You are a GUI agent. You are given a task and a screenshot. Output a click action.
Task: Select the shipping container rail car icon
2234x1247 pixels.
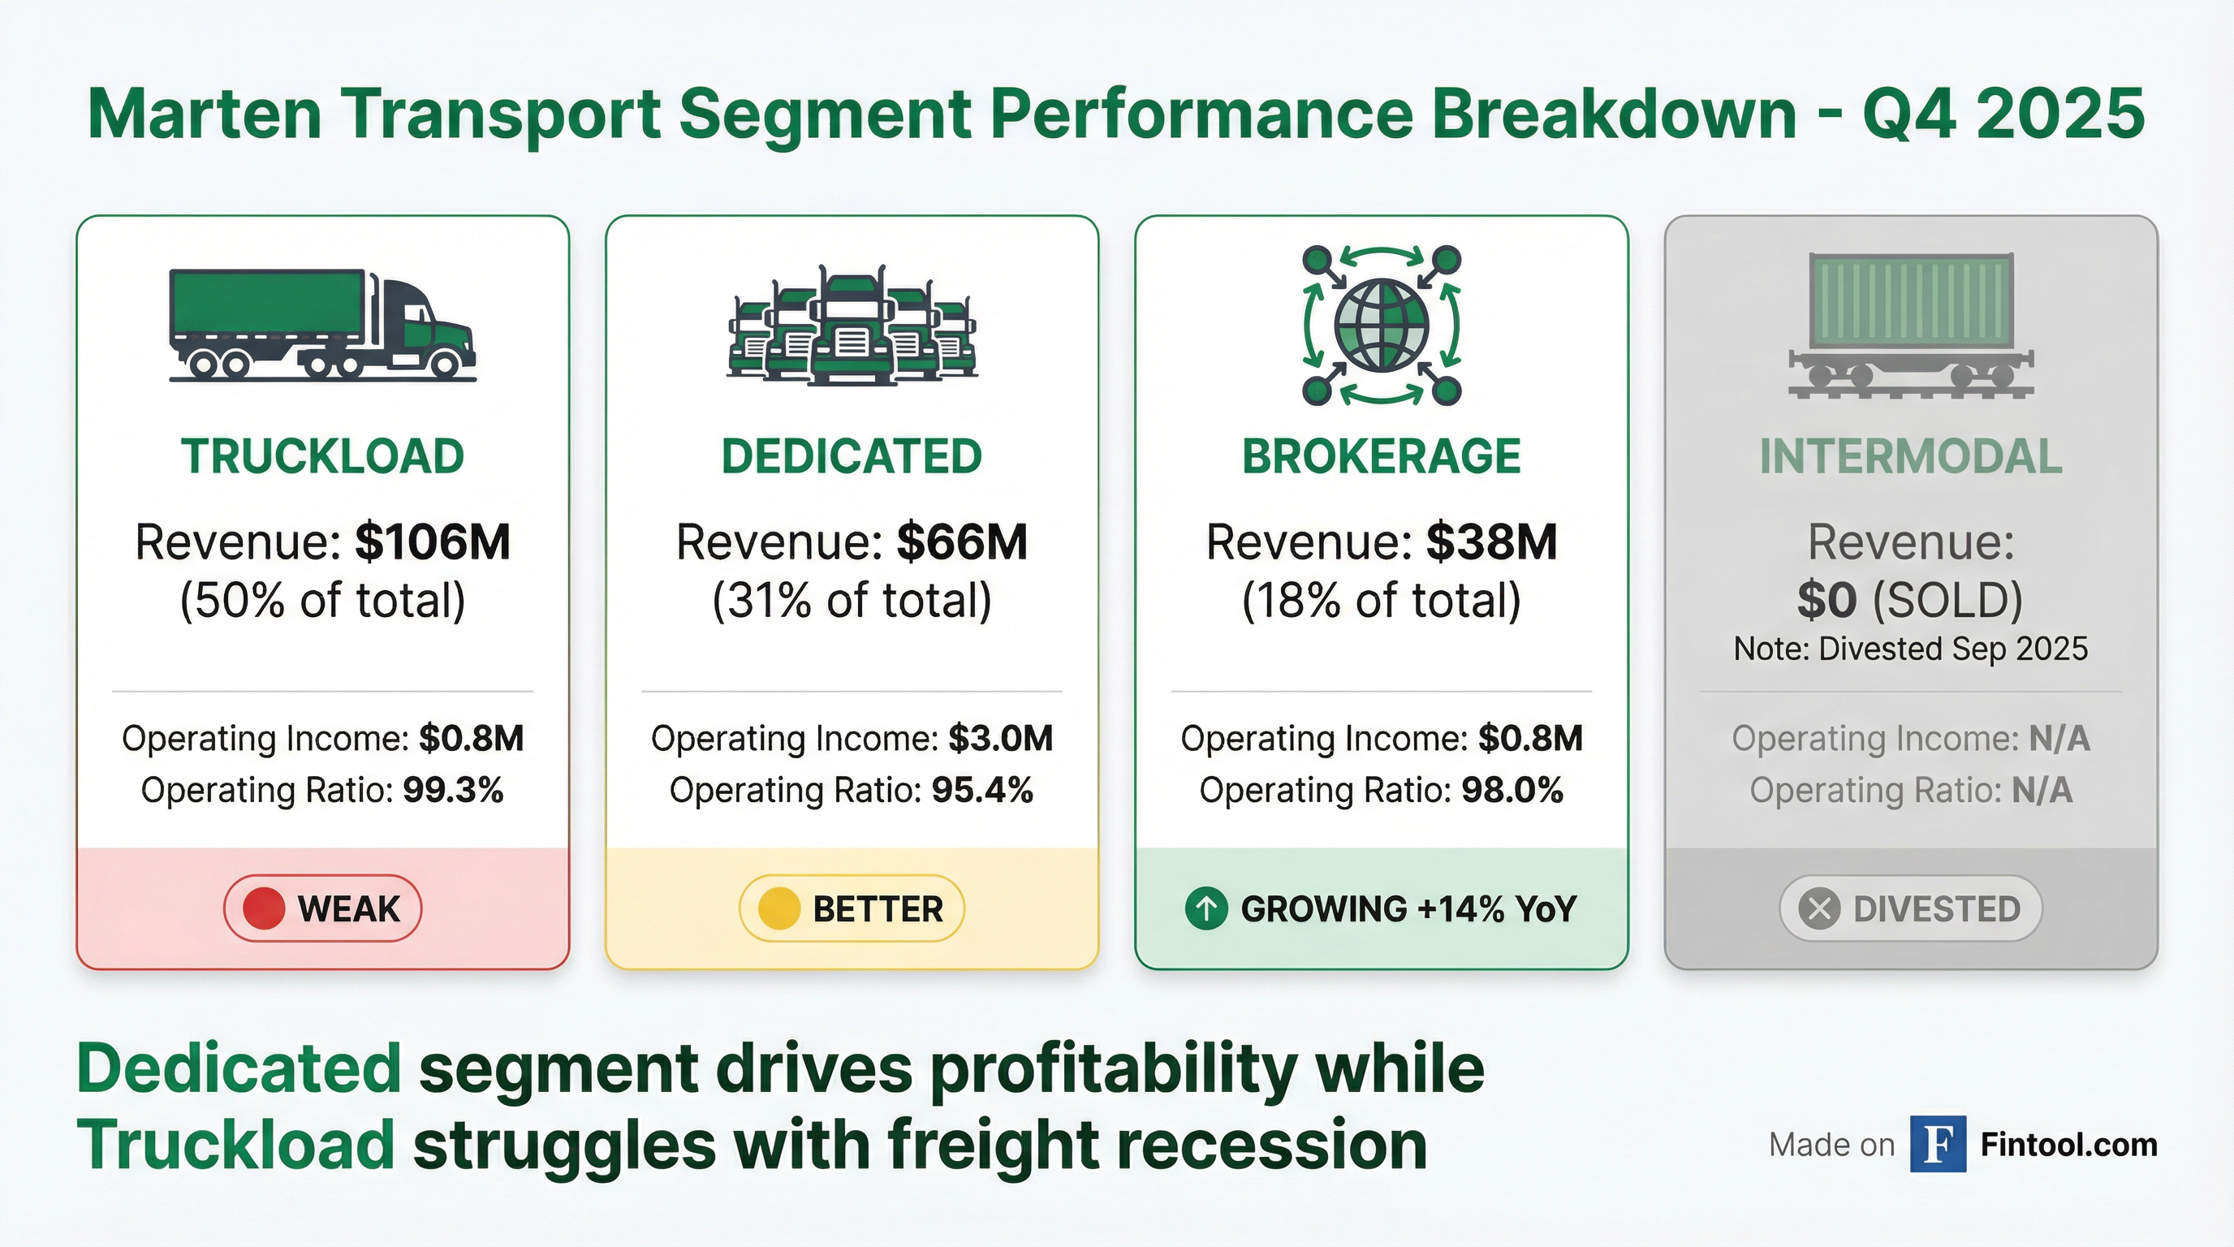tap(1911, 326)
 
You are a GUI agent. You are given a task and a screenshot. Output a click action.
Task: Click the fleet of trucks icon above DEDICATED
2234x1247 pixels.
tap(852, 326)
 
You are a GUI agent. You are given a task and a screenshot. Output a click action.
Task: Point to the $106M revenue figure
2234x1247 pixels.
tap(432, 543)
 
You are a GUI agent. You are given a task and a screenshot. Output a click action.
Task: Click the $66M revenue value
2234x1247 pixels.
tap(962, 543)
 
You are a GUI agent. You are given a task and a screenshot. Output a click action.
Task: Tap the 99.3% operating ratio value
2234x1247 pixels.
tap(453, 790)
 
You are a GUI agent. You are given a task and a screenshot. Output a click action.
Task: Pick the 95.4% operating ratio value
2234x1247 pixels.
tap(981, 790)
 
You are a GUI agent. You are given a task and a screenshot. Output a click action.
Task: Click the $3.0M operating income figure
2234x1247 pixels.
tap(1000, 739)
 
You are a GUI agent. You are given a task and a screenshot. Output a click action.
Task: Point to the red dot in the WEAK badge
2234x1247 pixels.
tap(264, 908)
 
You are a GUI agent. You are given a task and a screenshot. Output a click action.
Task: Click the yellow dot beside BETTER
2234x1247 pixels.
tap(778, 908)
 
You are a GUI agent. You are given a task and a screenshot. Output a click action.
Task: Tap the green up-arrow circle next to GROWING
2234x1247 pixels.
tap(1205, 908)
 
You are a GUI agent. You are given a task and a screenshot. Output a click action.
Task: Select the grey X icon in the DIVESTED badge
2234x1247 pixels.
tap(1818, 908)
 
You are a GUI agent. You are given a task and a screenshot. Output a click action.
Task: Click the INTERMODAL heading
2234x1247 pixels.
tap(1911, 457)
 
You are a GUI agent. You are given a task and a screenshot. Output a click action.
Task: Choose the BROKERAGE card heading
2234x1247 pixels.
tap(1382, 457)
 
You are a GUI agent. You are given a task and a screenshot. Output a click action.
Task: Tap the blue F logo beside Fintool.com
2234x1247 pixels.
tap(1938, 1145)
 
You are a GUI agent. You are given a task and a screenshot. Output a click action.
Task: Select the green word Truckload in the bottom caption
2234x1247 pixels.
tap(236, 1145)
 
